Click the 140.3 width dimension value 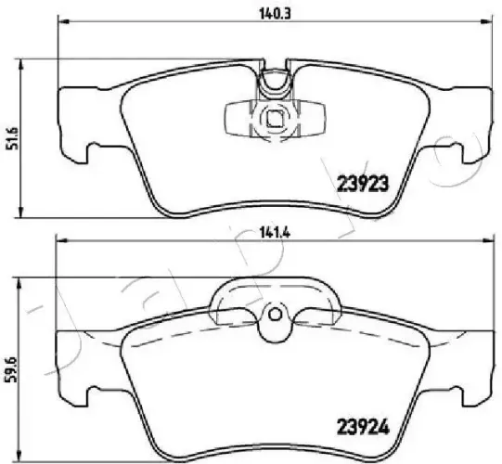(270, 15)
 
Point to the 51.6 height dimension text (14, 138)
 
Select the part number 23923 (363, 184)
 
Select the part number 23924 (363, 427)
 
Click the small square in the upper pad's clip (274, 119)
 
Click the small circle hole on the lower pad (275, 315)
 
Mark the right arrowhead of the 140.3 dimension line (486, 21)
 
